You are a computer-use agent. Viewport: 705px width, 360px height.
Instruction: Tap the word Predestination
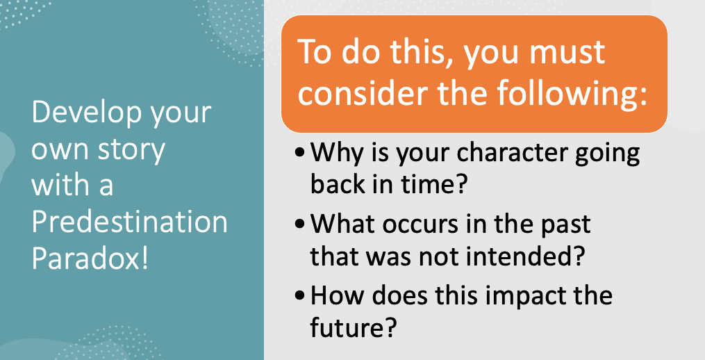(129, 222)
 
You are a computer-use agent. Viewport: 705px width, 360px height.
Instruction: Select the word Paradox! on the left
(90, 259)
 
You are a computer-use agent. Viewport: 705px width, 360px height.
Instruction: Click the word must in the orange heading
(567, 52)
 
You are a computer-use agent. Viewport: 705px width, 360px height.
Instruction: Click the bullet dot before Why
(300, 153)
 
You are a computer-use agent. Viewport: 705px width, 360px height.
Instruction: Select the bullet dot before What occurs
(300, 224)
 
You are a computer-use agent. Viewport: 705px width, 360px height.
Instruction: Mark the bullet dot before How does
(300, 295)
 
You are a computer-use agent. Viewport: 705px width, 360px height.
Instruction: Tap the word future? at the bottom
(354, 327)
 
